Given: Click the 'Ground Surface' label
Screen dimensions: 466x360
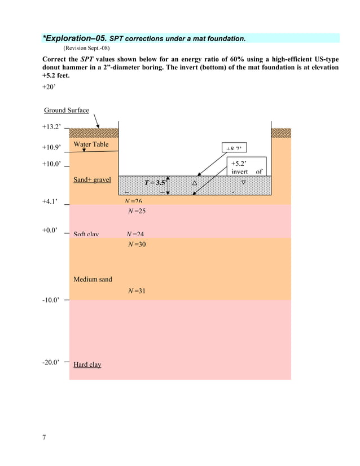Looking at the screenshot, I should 66,110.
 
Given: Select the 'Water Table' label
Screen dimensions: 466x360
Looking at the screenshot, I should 91,144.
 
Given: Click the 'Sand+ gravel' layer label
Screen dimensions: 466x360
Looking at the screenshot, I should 92,180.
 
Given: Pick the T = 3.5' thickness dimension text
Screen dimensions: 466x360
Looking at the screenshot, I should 155,182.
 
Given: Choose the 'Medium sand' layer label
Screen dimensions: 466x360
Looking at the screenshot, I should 93,279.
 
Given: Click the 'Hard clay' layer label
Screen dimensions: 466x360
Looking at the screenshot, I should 87,364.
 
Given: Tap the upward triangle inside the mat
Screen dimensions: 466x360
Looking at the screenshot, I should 195,182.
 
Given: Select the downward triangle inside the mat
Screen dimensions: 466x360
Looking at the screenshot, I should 244,182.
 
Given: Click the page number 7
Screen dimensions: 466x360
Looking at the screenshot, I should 44,438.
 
